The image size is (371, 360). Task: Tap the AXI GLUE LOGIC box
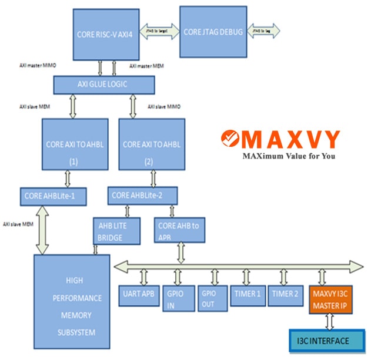pos(104,85)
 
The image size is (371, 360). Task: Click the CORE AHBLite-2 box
pos(143,196)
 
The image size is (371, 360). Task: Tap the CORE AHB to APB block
pos(180,230)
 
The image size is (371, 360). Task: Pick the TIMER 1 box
pos(248,294)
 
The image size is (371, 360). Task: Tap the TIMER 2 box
pos(285,294)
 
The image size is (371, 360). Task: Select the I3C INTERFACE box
pos(326,341)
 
